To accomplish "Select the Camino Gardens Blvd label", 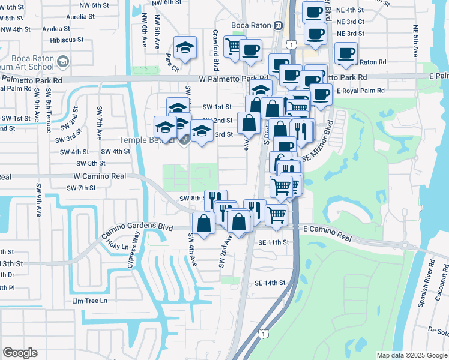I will (x=137, y=228).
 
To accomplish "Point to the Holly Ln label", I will (x=117, y=245).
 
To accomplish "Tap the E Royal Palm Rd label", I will (x=360, y=91).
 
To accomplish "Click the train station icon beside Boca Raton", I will (x=279, y=25).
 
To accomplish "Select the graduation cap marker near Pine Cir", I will (x=185, y=47).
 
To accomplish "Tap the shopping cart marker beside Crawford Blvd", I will (x=234, y=46).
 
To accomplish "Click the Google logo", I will (x=20, y=353).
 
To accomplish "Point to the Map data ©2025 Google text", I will (x=411, y=355).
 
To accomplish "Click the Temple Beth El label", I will (x=142, y=140).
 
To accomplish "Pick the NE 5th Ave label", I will (x=415, y=41).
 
